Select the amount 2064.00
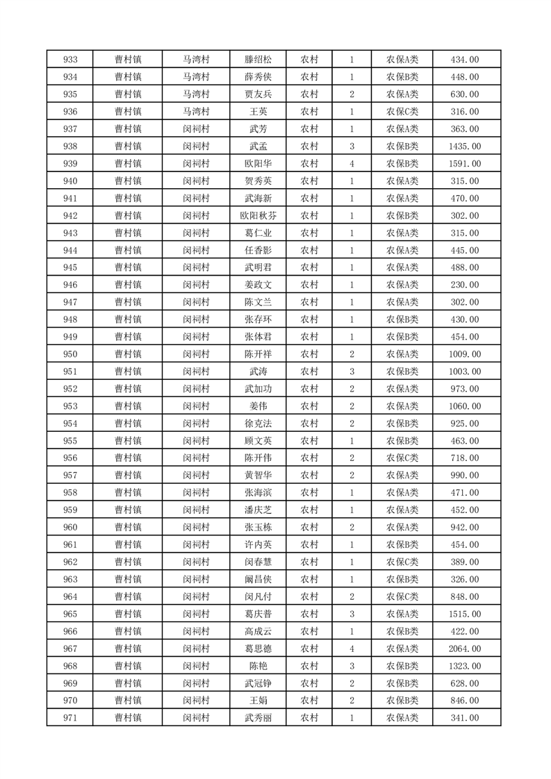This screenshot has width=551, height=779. click(465, 648)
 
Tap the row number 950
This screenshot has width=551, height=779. click(70, 354)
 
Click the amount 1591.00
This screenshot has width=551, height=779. click(465, 164)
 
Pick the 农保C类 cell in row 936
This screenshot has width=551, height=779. click(402, 112)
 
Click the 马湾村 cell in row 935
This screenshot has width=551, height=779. click(197, 94)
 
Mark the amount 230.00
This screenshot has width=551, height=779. click(465, 285)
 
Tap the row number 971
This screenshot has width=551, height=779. click(70, 718)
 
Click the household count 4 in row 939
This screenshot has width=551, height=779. click(352, 164)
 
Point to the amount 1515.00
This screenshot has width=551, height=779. click(465, 614)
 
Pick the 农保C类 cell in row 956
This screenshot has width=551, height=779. click(402, 458)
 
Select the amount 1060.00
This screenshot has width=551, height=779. click(465, 406)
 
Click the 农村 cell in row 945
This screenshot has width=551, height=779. click(309, 267)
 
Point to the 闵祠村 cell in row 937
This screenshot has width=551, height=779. click(197, 129)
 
